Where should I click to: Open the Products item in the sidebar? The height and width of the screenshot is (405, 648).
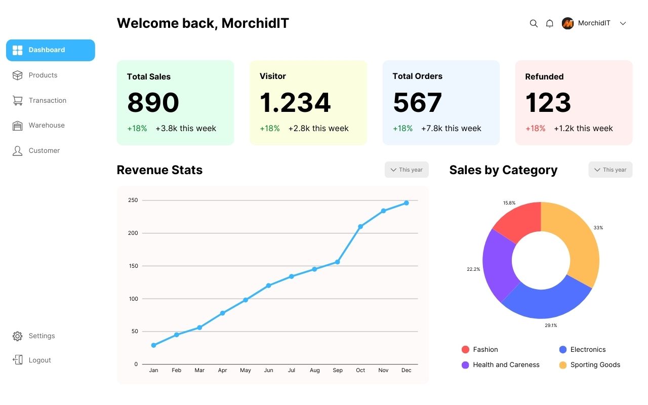pyautogui.click(x=43, y=75)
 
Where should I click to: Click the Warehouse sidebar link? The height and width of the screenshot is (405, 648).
pyautogui.click(x=46, y=126)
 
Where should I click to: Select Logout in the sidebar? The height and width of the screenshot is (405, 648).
pyautogui.click(x=39, y=360)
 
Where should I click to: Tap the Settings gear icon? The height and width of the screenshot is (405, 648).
pyautogui.click(x=18, y=336)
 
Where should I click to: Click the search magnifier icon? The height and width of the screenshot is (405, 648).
pyautogui.click(x=534, y=23)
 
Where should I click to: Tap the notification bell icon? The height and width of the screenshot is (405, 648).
pyautogui.click(x=549, y=23)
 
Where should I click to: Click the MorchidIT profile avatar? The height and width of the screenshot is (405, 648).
pyautogui.click(x=568, y=23)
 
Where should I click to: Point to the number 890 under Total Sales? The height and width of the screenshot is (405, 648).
pyautogui.click(x=153, y=102)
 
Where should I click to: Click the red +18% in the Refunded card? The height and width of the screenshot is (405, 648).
pyautogui.click(x=535, y=129)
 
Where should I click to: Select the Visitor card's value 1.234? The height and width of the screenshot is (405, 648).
pyautogui.click(x=295, y=102)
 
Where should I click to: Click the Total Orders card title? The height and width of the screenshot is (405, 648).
pyautogui.click(x=417, y=76)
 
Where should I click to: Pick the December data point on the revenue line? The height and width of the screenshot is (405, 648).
pyautogui.click(x=407, y=203)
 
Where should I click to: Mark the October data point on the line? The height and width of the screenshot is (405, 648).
pyautogui.click(x=360, y=227)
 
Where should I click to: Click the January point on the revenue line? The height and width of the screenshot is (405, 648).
pyautogui.click(x=153, y=345)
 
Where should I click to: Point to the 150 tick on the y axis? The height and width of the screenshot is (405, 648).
pyautogui.click(x=133, y=266)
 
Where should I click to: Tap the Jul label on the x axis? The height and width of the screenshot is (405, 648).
pyautogui.click(x=292, y=371)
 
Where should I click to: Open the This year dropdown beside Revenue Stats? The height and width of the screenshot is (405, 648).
pyautogui.click(x=407, y=170)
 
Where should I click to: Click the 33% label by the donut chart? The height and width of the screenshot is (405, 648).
pyautogui.click(x=598, y=228)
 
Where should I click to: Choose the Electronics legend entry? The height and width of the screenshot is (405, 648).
pyautogui.click(x=587, y=350)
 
